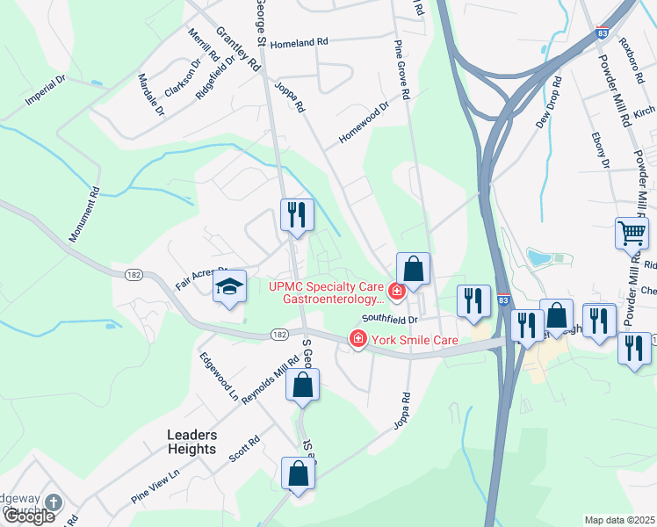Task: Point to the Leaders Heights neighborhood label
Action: [191, 442]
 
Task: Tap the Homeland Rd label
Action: [299, 42]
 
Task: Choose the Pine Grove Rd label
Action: [403, 69]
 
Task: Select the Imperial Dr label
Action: [46, 90]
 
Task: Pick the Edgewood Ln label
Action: [219, 376]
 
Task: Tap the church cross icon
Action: [53, 503]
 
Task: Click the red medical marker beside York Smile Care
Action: [357, 338]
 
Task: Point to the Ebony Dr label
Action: [600, 150]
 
